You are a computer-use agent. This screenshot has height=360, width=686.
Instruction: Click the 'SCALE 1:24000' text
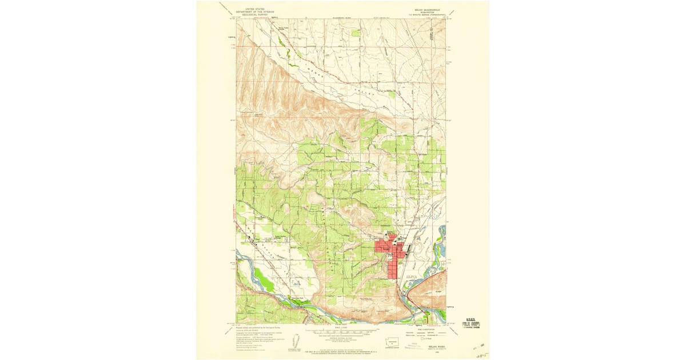[x=342, y=326]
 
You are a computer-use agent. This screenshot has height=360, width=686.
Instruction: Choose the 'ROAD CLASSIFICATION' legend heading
[x=424, y=329]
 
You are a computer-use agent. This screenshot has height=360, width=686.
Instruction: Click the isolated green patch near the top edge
[x=356, y=33]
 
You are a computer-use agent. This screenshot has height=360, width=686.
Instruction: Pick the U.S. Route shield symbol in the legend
[x=422, y=339]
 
